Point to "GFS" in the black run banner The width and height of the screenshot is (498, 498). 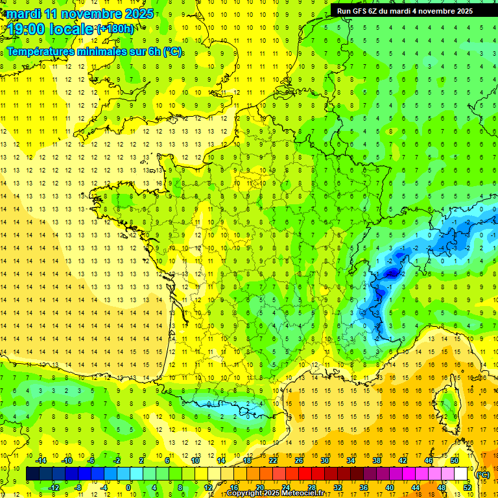point(361,11)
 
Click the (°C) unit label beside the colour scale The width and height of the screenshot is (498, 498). point(482,475)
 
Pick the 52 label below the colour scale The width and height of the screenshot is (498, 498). point(467,488)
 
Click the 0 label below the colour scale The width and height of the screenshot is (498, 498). point(128,488)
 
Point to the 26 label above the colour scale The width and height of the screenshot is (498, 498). point(299,461)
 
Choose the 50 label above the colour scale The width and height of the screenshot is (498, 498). point(455,461)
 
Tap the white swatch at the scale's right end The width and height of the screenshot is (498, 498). point(461,474)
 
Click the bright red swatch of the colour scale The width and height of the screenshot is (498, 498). point(305,474)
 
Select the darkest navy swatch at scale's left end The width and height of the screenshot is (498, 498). point(33,474)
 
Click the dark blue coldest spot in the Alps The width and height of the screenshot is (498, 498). point(391,274)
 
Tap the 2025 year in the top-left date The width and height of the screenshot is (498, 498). point(139,14)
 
